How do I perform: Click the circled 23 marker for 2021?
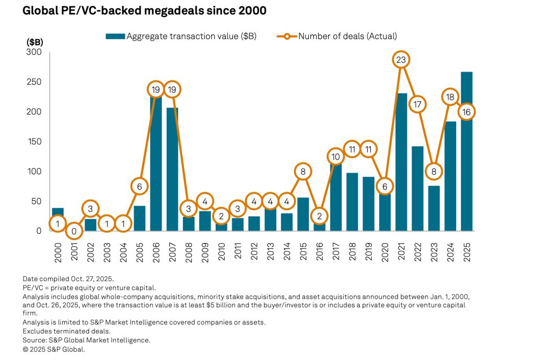(x=401, y=60)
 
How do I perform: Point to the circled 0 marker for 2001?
(x=74, y=231)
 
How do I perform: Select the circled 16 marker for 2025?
(x=467, y=112)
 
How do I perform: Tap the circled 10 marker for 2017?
(x=335, y=156)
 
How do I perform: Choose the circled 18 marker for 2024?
(x=450, y=97)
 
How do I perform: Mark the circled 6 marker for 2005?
(x=139, y=186)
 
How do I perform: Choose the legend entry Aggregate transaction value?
(x=180, y=36)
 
